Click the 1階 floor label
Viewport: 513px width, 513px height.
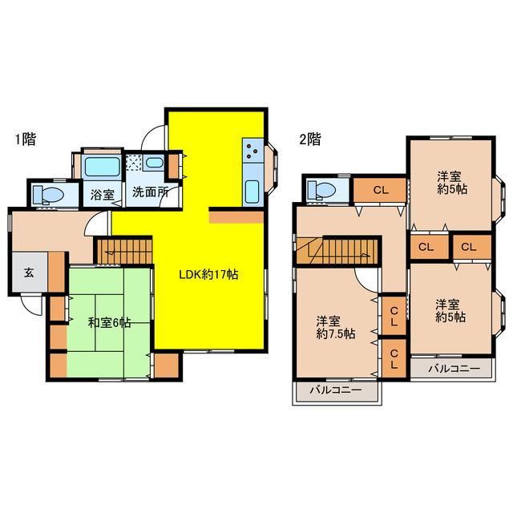25,139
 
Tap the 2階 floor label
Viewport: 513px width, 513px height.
310,139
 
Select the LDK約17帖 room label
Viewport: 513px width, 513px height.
208,274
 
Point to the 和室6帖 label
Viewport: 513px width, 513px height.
110,323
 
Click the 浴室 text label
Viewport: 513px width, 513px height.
103,194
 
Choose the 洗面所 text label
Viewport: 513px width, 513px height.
151,192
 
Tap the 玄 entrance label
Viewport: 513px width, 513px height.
29,273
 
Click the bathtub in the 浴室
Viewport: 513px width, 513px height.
102,168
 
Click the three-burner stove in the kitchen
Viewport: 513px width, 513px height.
252,151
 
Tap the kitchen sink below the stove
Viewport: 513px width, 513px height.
252,192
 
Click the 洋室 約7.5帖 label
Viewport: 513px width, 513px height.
336,328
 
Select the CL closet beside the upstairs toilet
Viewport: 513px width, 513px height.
380,190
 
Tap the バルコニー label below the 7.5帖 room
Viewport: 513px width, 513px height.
336,390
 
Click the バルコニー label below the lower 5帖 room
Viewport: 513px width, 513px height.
454,369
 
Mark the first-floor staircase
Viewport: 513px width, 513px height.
124,251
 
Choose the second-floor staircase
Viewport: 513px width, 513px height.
337,251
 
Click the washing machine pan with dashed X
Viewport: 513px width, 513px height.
135,163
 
